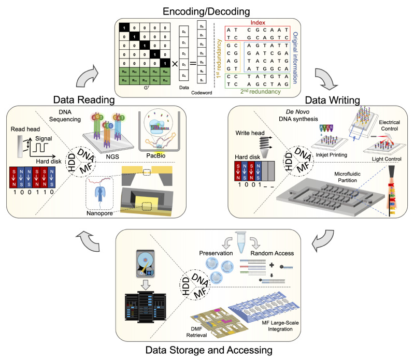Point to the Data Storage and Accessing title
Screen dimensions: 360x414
click(207, 349)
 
